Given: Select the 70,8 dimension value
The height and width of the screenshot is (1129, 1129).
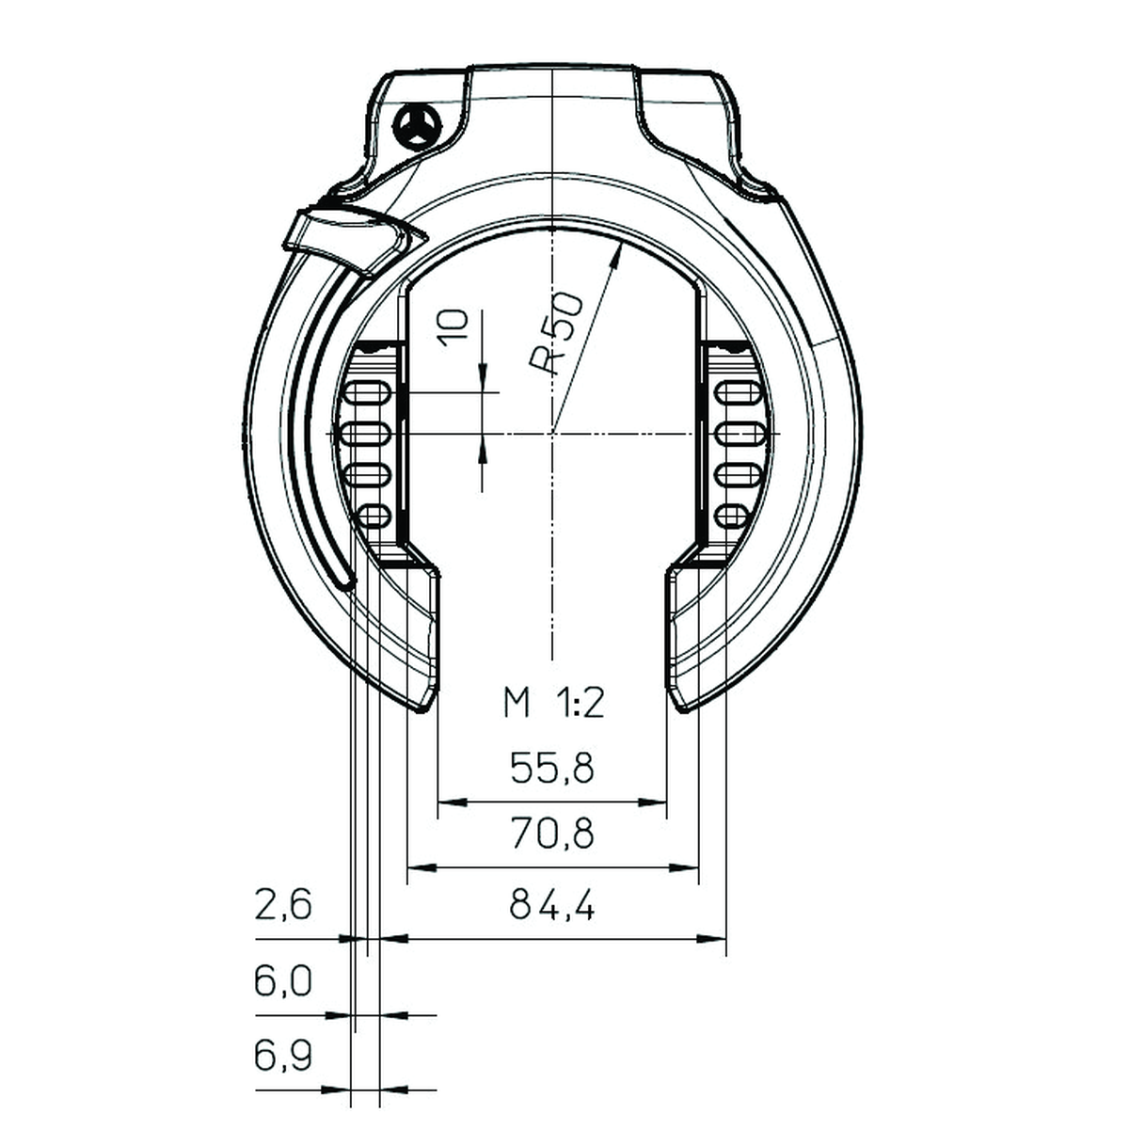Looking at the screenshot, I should (552, 835).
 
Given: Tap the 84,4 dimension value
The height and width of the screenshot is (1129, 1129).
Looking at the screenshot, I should (552, 906).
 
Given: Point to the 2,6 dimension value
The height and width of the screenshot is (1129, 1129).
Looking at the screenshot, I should (282, 906).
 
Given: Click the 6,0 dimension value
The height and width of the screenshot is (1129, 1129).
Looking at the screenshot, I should (282, 982).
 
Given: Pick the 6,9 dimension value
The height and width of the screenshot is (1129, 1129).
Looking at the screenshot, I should (282, 1057).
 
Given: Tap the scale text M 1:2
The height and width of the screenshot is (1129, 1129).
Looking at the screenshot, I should (552, 703).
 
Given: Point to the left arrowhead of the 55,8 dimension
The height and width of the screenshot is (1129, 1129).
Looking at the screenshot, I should (450, 803).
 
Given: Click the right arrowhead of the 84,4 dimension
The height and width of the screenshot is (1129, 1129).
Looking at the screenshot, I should (715, 937).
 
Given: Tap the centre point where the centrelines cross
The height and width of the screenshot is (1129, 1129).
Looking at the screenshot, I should (553, 433).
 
